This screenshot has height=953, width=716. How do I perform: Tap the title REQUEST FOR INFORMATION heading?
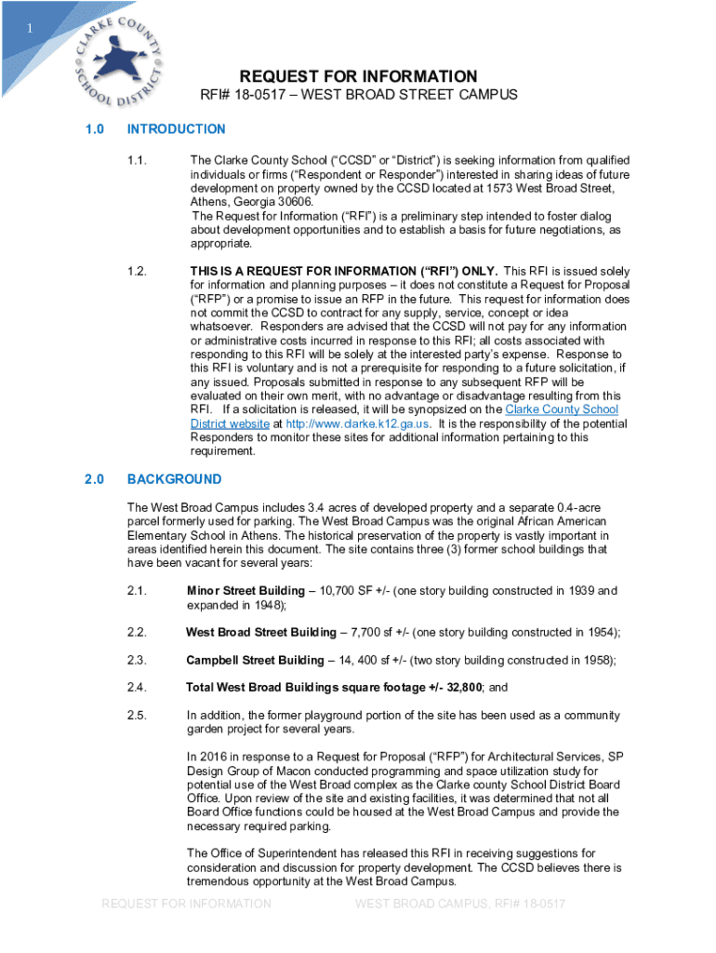358,76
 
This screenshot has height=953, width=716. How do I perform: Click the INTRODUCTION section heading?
176,129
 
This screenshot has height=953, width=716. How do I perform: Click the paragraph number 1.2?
138,272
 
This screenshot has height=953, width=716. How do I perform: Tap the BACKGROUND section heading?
174,479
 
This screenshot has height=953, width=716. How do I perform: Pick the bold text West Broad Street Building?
261,633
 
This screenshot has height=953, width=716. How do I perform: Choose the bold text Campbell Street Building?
254,661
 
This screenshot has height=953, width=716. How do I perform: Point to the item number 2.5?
138,716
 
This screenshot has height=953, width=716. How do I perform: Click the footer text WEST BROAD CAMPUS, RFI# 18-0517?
460,904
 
